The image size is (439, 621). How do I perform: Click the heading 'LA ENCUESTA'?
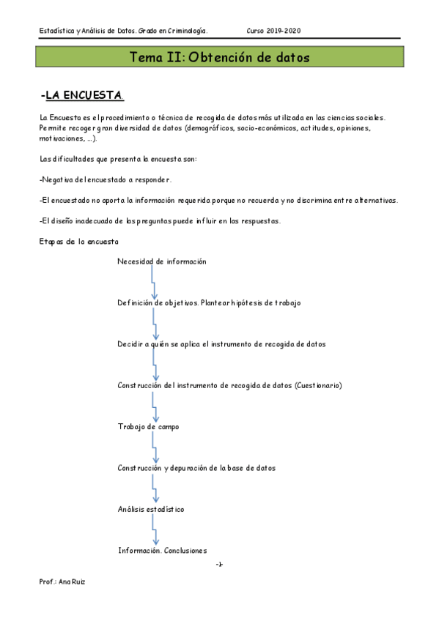[x=84, y=96]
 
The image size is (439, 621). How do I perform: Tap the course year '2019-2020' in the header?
[x=283, y=31]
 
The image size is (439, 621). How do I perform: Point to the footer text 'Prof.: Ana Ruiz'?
[x=62, y=581]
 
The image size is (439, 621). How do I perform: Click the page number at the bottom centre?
[x=219, y=564]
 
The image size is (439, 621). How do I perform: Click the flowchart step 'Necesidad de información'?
[x=161, y=261]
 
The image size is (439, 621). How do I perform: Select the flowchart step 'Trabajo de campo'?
[x=147, y=426]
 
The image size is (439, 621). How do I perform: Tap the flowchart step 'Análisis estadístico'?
[x=150, y=509]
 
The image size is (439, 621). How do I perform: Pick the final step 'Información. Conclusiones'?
[x=162, y=551]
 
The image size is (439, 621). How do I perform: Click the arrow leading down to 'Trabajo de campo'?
[x=153, y=406]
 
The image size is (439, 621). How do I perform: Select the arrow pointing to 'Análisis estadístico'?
[x=153, y=488]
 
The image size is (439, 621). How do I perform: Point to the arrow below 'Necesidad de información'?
[x=153, y=282]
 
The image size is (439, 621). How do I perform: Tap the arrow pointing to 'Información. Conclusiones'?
[x=153, y=529]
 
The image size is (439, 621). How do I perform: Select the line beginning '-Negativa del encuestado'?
[x=106, y=179]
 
